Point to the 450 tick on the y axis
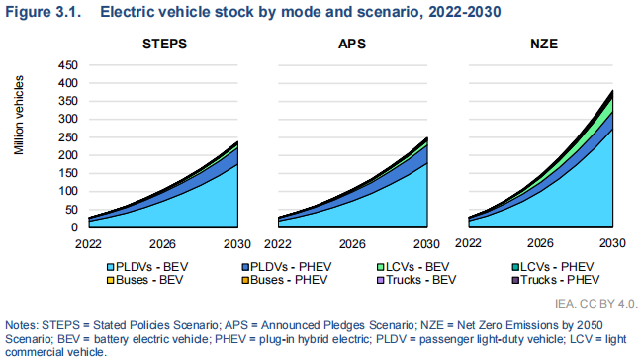(x=65, y=65)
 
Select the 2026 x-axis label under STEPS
(x=162, y=243)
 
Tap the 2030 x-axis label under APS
(x=427, y=243)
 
